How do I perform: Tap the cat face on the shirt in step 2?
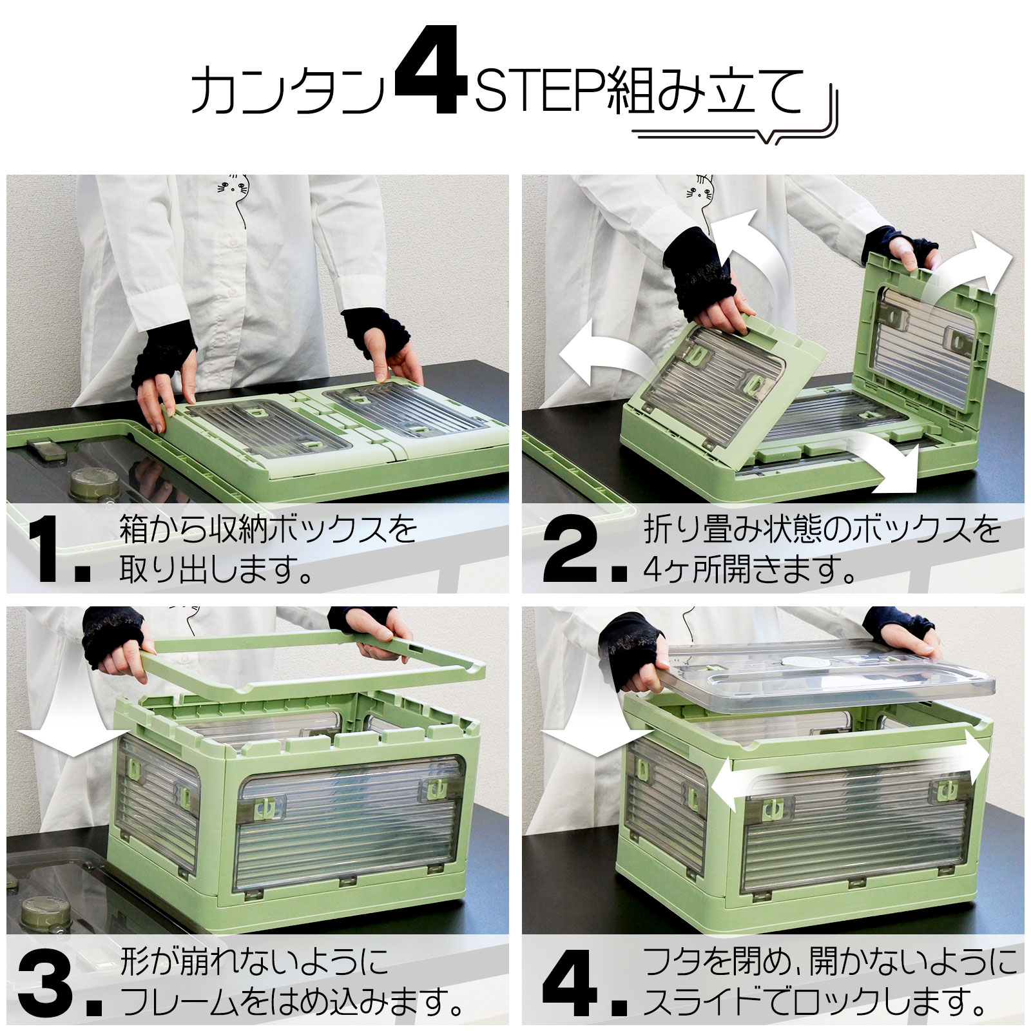pyautogui.click(x=701, y=188)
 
